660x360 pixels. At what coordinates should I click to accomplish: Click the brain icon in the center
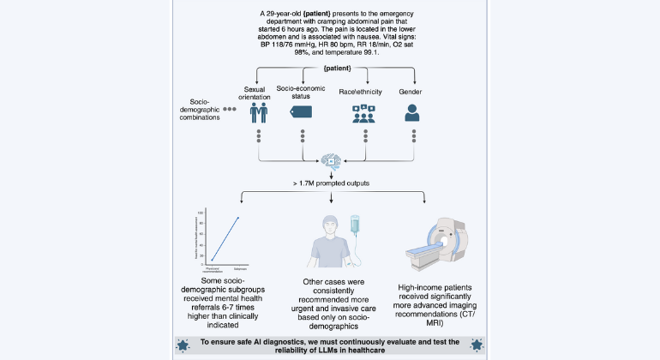click(329, 161)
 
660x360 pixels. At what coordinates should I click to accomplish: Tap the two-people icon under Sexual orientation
click(260, 112)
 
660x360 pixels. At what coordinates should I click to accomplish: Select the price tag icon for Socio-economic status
click(303, 111)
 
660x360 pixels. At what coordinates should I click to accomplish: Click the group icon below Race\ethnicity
click(367, 112)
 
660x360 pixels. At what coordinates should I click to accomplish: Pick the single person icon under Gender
click(414, 112)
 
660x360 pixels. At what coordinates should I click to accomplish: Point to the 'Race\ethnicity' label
click(368, 89)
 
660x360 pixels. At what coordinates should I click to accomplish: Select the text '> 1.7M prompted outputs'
click(329, 183)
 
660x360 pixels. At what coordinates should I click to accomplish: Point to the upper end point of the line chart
click(237, 218)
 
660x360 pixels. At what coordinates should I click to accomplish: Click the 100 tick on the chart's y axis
click(200, 213)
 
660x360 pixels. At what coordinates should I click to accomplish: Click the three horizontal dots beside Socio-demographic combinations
click(230, 110)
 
